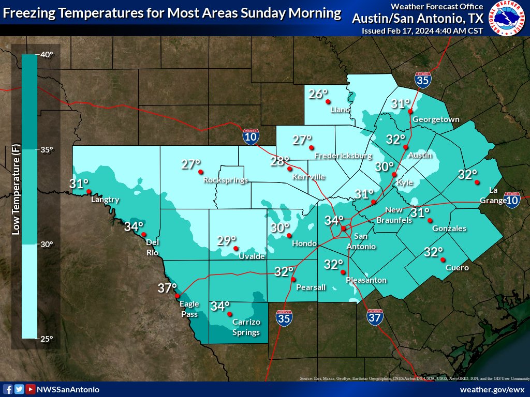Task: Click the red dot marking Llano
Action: (328, 101)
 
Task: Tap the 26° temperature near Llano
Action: (318, 94)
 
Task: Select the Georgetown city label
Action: (435, 119)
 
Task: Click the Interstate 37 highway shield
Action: (376, 316)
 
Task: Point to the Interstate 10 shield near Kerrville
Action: (251, 136)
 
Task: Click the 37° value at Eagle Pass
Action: (167, 288)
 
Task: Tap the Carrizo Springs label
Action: (246, 327)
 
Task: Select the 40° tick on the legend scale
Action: (47, 55)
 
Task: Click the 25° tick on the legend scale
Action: (47, 339)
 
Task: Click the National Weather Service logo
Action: (508, 19)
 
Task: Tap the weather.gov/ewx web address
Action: (492, 389)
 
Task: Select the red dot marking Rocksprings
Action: (201, 172)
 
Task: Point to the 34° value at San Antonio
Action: (334, 220)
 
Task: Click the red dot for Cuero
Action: (443, 259)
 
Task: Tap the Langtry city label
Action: (105, 200)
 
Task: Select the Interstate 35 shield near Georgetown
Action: (422, 80)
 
